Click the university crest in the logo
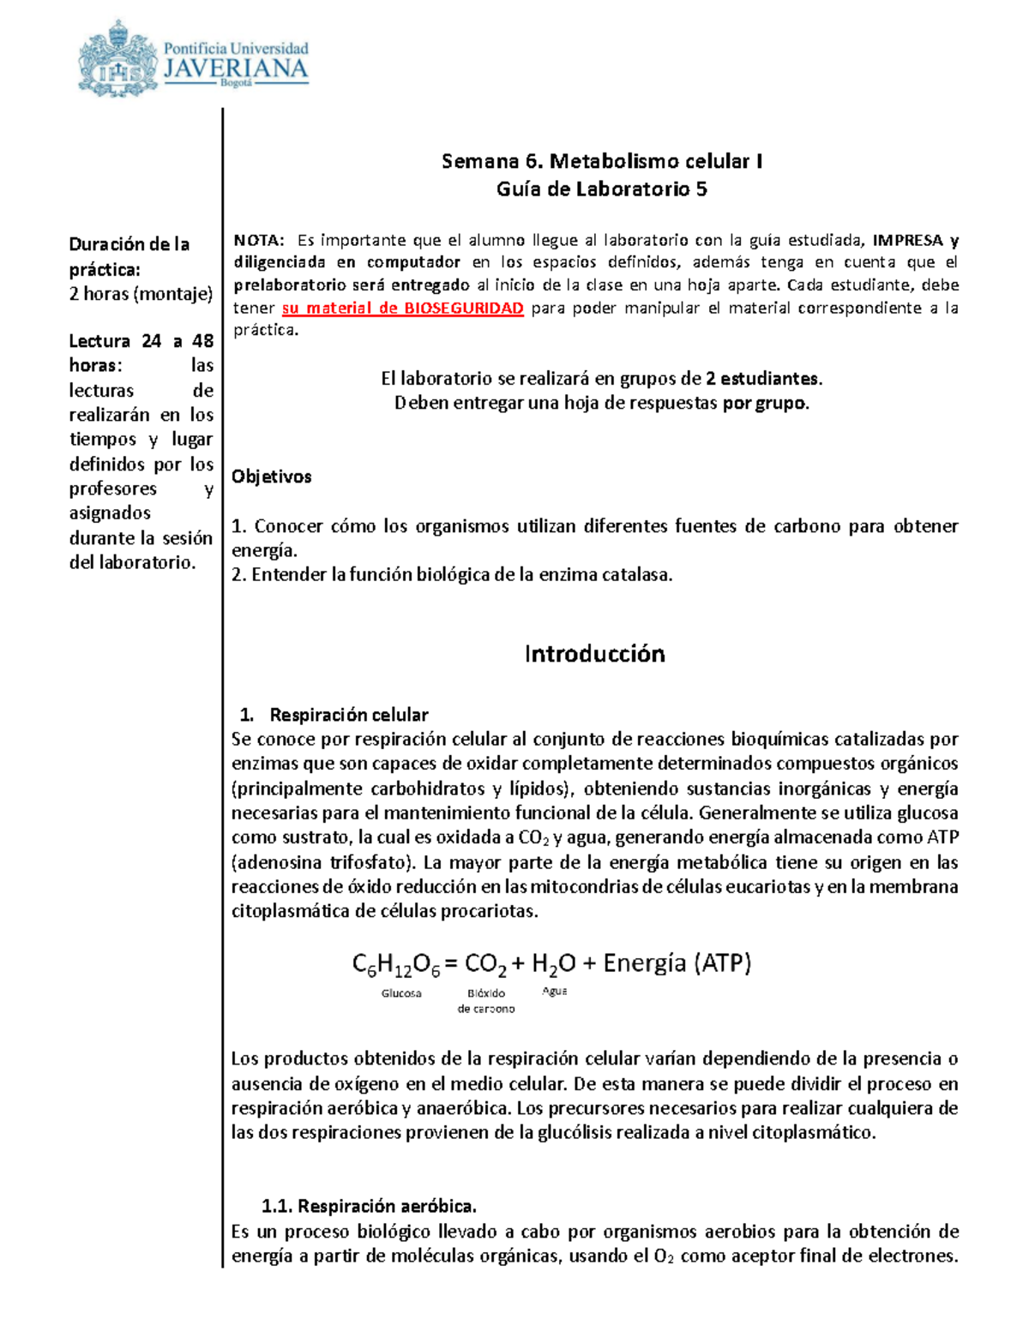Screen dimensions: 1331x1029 [x=117, y=58]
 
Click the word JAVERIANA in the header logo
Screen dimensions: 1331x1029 [x=236, y=69]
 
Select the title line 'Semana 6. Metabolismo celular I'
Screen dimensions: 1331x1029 [x=601, y=161]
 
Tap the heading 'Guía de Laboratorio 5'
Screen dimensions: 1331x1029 [x=601, y=189]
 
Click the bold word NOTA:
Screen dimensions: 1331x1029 [x=258, y=240]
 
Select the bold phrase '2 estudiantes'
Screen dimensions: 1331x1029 [x=762, y=378]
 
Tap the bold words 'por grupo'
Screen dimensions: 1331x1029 [x=764, y=403]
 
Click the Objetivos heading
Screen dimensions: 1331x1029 [x=271, y=477]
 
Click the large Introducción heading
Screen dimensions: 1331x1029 [x=594, y=654]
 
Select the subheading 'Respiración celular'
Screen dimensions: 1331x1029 [x=348, y=715]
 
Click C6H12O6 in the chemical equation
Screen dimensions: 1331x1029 [x=395, y=965]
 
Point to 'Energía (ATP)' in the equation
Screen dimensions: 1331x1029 [x=677, y=963]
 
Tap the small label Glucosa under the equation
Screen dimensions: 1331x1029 [x=401, y=993]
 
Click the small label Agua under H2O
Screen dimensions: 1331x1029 [x=555, y=991]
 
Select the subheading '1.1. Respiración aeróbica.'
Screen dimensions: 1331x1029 [x=369, y=1207]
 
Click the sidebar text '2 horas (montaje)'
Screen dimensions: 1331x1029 [x=141, y=294]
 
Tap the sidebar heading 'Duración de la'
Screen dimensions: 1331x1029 [x=129, y=244]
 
